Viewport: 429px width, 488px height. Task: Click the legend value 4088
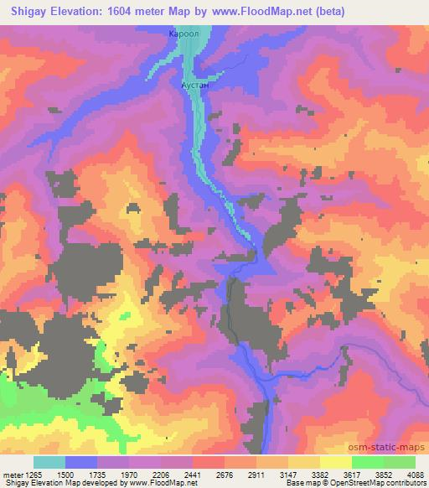pos(414,475)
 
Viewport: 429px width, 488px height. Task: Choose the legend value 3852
pos(384,475)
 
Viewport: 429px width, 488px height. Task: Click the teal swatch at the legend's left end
pos(49,462)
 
